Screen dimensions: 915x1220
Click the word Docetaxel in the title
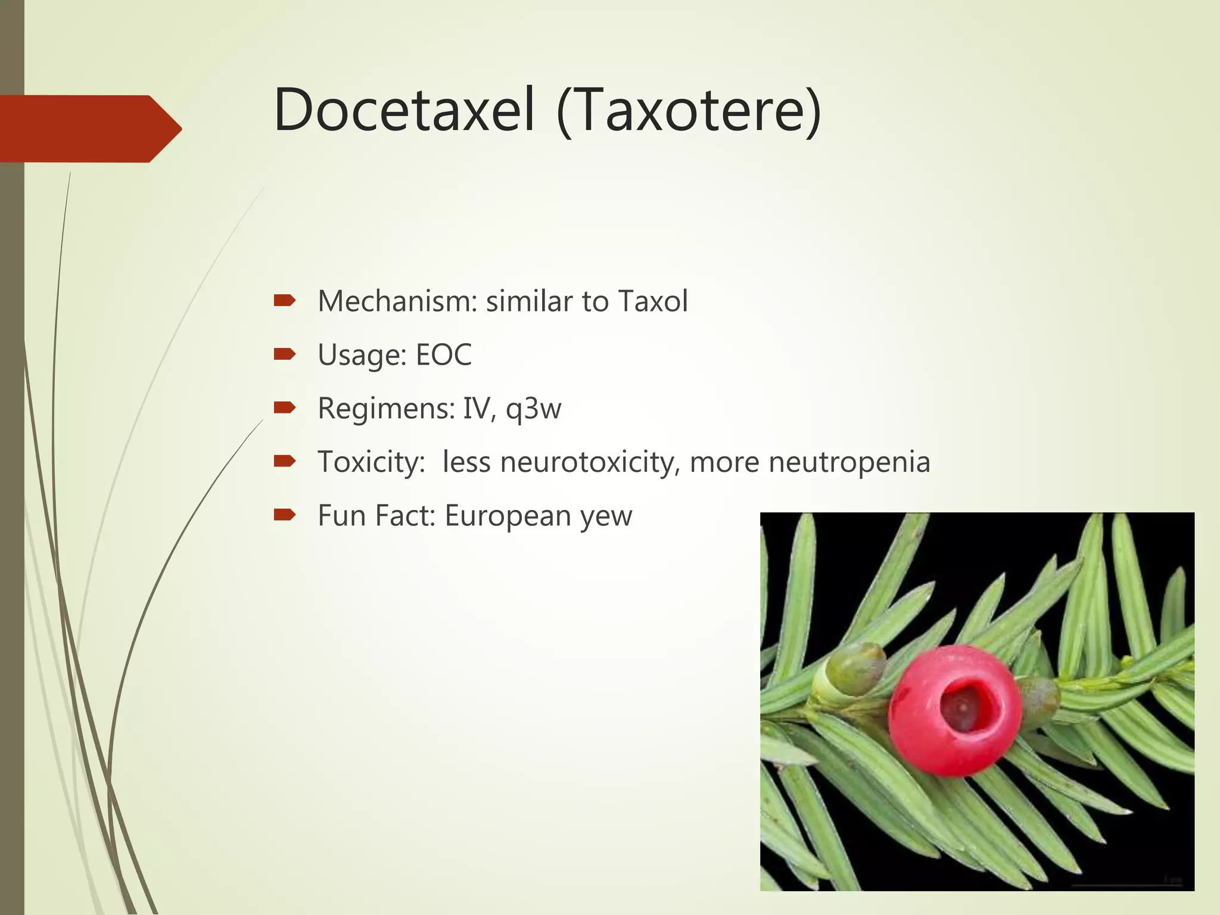pos(404,110)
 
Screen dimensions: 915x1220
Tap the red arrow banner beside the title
pos(89,128)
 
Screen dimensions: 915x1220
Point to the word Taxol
pos(653,301)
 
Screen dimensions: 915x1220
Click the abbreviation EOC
pos(443,354)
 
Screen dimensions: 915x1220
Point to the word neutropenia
pos(849,463)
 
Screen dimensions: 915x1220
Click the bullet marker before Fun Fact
pos(284,515)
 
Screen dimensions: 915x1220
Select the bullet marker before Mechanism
pos(284,300)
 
